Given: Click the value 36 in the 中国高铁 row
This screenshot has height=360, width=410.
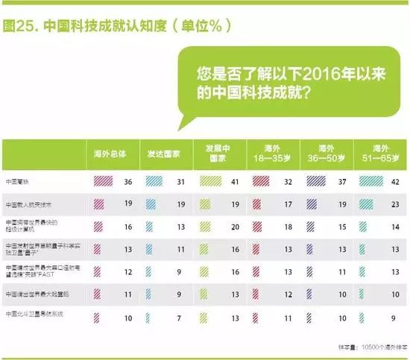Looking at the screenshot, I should (127, 181).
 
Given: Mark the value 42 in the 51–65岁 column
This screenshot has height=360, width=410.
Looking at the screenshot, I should (397, 181).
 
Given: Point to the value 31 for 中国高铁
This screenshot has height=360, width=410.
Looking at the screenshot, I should (181, 181).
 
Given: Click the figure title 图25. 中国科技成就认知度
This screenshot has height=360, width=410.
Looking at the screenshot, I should (112, 25).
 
